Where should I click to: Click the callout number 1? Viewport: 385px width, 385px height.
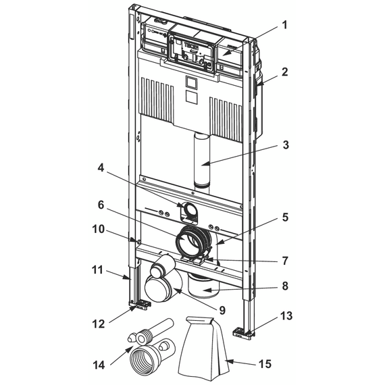coord(284,25)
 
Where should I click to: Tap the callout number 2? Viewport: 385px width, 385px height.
coord(284,72)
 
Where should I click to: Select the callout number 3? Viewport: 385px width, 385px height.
coord(286,145)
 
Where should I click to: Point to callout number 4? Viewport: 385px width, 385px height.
coord(101,168)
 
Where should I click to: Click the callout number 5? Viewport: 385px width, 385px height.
coord(285,217)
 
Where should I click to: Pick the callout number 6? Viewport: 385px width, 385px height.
coord(101,205)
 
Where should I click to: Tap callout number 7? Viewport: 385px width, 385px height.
coord(285,261)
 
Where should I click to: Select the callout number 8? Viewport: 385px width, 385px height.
coord(285,286)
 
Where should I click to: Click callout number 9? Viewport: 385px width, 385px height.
coord(222,310)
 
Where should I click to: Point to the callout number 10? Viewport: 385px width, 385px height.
coord(98,229)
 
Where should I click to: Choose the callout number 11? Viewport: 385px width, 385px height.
coord(97,270)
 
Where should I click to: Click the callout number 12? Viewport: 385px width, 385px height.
coord(98,324)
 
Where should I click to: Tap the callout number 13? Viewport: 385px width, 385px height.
coord(286,316)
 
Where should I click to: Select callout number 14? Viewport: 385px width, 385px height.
coord(99,365)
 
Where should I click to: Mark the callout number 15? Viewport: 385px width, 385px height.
coord(265,363)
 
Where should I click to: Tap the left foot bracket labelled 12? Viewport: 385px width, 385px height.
coord(139,305)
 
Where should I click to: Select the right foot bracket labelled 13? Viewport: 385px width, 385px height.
coord(242,333)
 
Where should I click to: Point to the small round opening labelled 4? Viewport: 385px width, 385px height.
coord(189,209)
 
